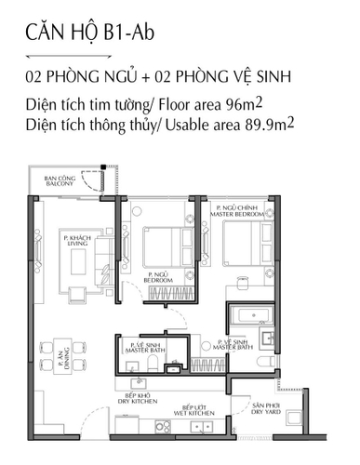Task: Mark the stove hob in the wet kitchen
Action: click(153, 426)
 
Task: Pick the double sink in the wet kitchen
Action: click(199, 426)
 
